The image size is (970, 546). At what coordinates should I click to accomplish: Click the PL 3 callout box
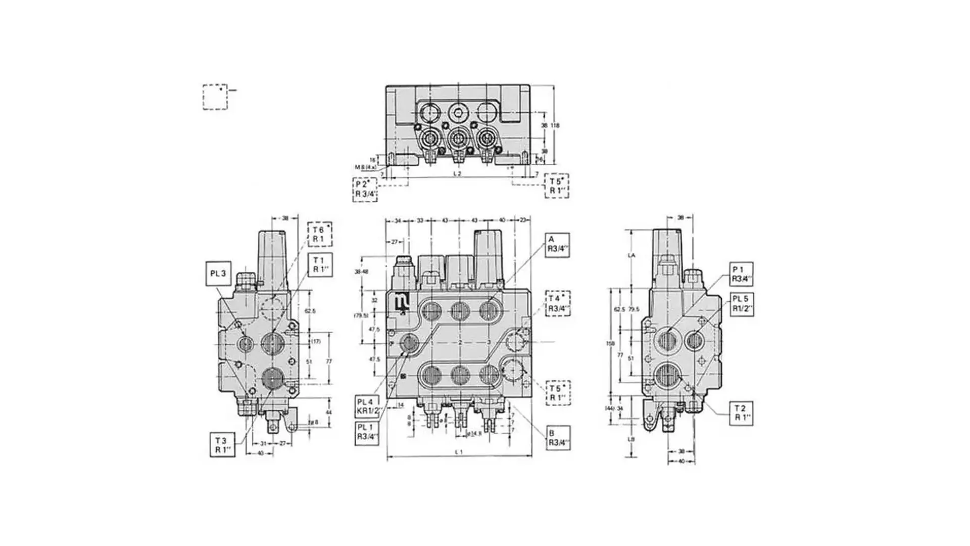pos(218,274)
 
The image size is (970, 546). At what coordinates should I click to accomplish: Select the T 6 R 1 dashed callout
pos(319,234)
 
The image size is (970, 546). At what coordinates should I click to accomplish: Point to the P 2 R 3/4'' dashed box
pos(365,190)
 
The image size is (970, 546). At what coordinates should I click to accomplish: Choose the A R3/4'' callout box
pos(557,245)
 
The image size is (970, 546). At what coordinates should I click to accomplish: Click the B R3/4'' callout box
pos(558,438)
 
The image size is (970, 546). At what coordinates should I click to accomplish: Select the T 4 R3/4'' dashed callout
pos(558,304)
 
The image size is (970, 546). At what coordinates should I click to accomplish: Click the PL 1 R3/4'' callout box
pos(367,433)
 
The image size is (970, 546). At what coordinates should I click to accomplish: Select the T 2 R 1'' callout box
pos(741,413)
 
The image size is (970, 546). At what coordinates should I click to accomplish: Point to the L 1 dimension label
pos(459,452)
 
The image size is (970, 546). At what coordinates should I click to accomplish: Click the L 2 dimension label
pos(457,173)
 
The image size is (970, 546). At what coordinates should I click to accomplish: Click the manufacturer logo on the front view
pos(403,303)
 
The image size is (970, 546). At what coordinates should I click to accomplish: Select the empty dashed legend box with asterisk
pos(215,97)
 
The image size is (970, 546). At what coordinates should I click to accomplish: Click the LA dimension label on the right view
pos(631,255)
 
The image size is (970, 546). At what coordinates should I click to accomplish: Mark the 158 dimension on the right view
pos(610,343)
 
